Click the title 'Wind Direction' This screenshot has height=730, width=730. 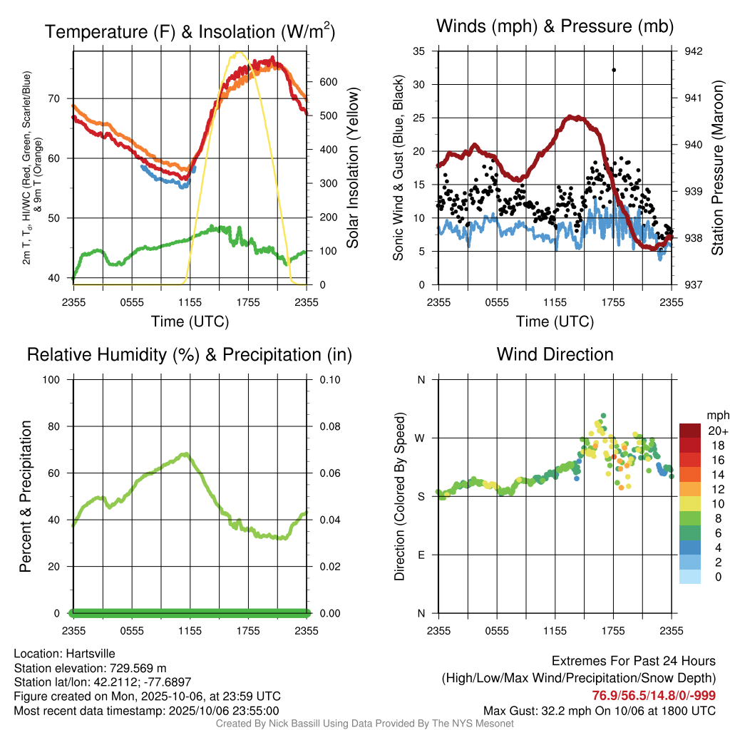[x=555, y=354]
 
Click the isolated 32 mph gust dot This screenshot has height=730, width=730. [x=614, y=70]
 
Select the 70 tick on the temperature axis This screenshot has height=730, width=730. [x=61, y=98]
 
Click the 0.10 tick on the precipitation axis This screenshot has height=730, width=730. [x=329, y=379]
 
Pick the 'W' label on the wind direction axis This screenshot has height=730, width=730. [x=421, y=438]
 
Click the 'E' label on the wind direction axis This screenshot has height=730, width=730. [x=421, y=555]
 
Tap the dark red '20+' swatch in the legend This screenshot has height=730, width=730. [x=690, y=431]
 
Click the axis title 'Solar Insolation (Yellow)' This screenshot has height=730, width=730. [x=353, y=168]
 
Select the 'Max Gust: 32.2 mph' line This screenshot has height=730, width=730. [x=599, y=711]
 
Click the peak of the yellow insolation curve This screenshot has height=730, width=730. [x=239, y=53]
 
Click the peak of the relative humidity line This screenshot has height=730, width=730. [x=186, y=453]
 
